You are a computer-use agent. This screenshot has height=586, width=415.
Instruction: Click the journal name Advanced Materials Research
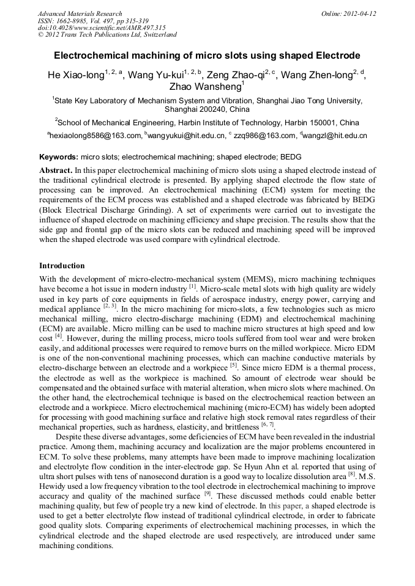pos(80,13)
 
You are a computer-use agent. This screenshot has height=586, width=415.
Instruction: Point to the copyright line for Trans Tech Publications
pos(107,35)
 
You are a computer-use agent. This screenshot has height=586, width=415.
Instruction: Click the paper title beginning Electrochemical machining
pos(207,56)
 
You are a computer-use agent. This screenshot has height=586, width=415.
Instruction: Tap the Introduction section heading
pos(62,266)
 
